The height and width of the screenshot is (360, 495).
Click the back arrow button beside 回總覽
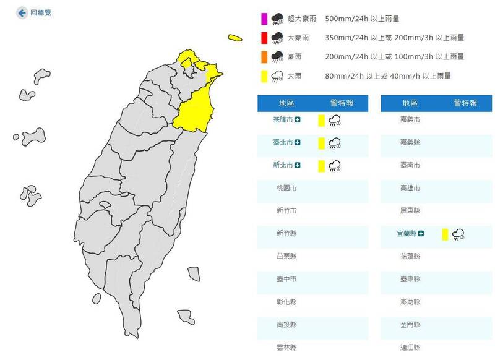22,12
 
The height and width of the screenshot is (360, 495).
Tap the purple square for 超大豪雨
264,19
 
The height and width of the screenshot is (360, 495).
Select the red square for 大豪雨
264,38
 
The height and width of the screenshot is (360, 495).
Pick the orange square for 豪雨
264,57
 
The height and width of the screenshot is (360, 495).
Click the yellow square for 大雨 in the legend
264,76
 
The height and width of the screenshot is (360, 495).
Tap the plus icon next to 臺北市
298,143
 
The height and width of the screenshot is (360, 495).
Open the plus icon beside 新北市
298,165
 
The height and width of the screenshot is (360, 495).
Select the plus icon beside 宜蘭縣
421,233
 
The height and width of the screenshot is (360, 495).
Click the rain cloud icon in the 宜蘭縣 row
458,233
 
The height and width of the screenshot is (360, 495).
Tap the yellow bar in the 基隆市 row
321,121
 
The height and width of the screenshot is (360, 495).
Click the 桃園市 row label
286,187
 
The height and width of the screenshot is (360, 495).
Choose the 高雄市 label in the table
410,187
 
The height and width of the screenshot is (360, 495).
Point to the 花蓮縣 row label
410,255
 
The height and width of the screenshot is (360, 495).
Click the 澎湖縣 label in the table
410,301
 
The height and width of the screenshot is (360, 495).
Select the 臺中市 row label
286,279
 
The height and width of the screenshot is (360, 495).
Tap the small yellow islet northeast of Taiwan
235,38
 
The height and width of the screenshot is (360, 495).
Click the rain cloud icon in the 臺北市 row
335,144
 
